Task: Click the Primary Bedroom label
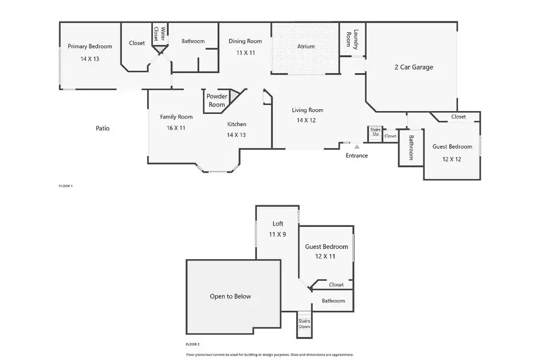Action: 89,46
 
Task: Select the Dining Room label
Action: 245,41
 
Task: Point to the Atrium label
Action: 306,46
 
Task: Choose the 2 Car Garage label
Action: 413,67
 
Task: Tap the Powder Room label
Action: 217,100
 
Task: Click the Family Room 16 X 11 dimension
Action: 176,128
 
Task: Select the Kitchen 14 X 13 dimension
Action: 236,135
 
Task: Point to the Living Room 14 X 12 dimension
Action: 307,121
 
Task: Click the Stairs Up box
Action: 375,133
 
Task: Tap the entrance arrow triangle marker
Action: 356,146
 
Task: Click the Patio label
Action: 103,128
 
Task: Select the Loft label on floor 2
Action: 277,224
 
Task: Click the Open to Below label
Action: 230,296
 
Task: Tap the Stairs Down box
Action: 304,323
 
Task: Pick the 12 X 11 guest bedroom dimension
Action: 326,256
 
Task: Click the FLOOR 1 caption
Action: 65,187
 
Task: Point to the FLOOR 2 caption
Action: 192,344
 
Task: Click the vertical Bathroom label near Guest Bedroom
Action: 412,147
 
